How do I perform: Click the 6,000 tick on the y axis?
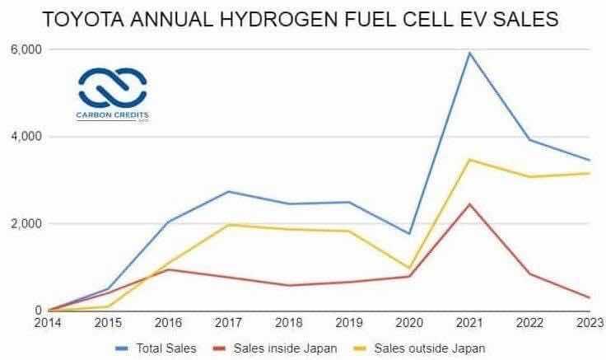click(26, 49)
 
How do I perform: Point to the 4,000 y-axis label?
click(26, 137)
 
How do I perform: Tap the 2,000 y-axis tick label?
click(26, 224)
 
